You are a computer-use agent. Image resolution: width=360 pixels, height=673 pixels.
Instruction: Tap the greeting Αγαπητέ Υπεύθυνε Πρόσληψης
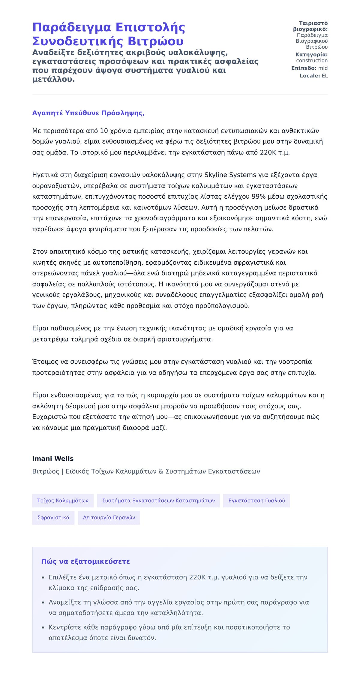click(x=88, y=113)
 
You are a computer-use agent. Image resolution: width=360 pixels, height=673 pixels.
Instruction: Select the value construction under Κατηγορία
click(x=312, y=61)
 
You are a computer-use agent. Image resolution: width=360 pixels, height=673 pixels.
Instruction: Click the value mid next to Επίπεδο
click(x=323, y=68)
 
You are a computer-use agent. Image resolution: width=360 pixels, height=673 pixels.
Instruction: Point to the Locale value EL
click(x=325, y=76)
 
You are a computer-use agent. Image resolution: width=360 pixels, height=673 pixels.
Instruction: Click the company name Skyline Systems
click(x=230, y=175)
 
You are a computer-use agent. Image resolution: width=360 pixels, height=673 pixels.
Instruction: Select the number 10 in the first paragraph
click(x=104, y=131)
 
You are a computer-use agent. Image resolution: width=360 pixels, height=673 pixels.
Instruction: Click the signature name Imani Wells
click(x=53, y=458)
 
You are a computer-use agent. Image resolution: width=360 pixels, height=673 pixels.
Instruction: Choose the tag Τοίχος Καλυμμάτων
click(x=63, y=500)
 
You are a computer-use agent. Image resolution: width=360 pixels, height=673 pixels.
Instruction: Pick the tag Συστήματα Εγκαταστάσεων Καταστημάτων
click(x=158, y=500)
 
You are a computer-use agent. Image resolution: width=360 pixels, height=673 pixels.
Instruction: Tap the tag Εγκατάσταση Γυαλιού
click(x=256, y=500)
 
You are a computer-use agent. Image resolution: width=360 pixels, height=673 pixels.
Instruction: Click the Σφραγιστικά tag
click(x=53, y=518)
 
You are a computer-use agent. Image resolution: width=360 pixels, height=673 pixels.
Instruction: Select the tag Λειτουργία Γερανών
click(x=109, y=518)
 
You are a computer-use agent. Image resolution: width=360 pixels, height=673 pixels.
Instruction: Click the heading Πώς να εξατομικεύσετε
click(x=85, y=561)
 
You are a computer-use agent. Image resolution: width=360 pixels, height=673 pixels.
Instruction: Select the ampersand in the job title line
click(x=161, y=471)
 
